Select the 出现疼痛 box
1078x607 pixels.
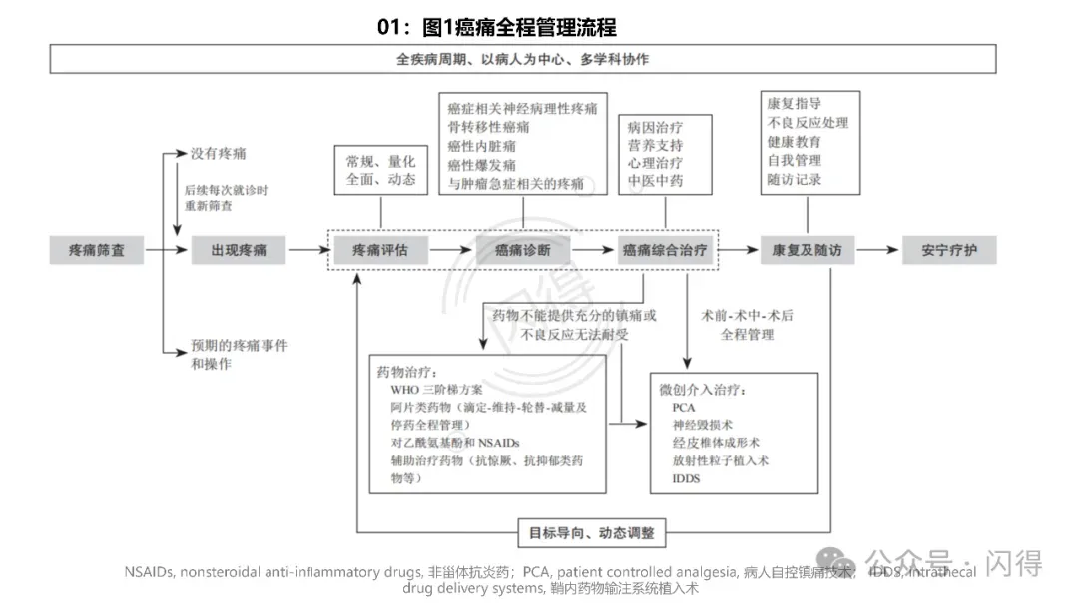coord(240,250)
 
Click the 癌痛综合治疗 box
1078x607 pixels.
coord(664,250)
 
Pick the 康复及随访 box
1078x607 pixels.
coord(807,250)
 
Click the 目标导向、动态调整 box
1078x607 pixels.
coord(592,532)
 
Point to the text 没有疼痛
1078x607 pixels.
coord(219,154)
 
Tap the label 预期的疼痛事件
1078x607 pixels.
coord(240,346)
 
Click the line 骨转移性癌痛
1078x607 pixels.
coord(489,127)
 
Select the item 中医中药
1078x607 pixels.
coord(655,181)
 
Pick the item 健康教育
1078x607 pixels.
coord(795,141)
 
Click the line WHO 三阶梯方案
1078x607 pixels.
coord(436,390)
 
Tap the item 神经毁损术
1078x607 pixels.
coord(706,425)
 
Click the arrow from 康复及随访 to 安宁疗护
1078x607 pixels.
coord(878,250)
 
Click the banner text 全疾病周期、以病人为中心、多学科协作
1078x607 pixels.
coord(522,59)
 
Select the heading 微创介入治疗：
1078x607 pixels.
coord(703,390)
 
